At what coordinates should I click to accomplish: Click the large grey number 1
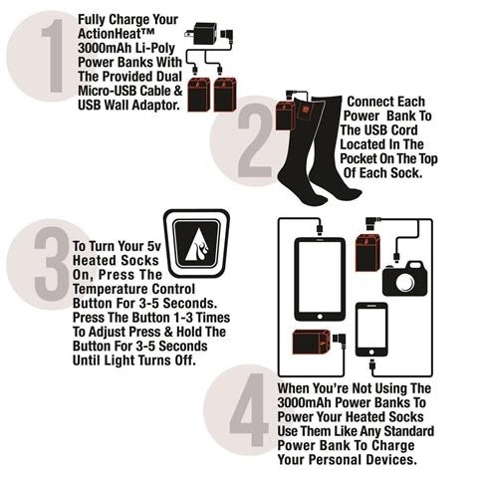(53, 56)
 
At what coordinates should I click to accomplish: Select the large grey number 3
(51, 264)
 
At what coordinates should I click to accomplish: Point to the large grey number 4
(249, 409)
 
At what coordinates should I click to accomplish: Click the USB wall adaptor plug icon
(202, 33)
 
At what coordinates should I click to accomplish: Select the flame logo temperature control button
(196, 244)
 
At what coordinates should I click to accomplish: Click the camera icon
(404, 279)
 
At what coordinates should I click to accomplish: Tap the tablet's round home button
(320, 316)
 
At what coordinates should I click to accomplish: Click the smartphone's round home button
(371, 352)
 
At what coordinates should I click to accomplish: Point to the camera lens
(405, 282)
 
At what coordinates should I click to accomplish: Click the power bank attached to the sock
(285, 115)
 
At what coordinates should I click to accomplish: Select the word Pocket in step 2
(358, 158)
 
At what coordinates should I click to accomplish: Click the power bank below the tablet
(311, 342)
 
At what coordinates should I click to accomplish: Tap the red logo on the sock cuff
(305, 110)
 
